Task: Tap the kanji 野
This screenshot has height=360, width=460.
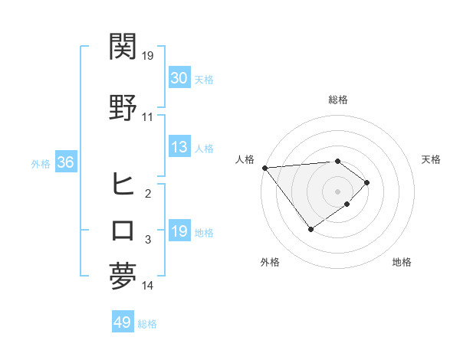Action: point(123,107)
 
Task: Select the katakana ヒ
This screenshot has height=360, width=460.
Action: point(123,184)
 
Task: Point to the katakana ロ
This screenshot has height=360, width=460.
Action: point(123,231)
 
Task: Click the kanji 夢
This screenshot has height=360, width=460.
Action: point(123,276)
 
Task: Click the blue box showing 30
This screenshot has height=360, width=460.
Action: point(179,78)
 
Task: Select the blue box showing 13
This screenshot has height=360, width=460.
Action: point(179,147)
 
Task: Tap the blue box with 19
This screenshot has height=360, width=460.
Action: point(179,231)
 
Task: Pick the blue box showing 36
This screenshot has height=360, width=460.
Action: point(65,162)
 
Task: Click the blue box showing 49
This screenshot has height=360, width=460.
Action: point(122,322)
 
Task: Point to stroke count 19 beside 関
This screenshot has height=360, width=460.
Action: point(148,55)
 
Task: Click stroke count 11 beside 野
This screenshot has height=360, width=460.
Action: point(148,117)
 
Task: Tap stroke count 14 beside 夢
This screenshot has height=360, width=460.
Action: point(148,286)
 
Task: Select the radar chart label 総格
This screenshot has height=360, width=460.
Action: point(337,100)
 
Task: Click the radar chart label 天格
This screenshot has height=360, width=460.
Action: point(431,159)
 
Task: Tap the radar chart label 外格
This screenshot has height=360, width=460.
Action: point(270,263)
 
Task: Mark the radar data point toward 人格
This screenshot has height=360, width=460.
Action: point(264,168)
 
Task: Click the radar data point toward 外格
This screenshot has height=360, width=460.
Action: point(310,228)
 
